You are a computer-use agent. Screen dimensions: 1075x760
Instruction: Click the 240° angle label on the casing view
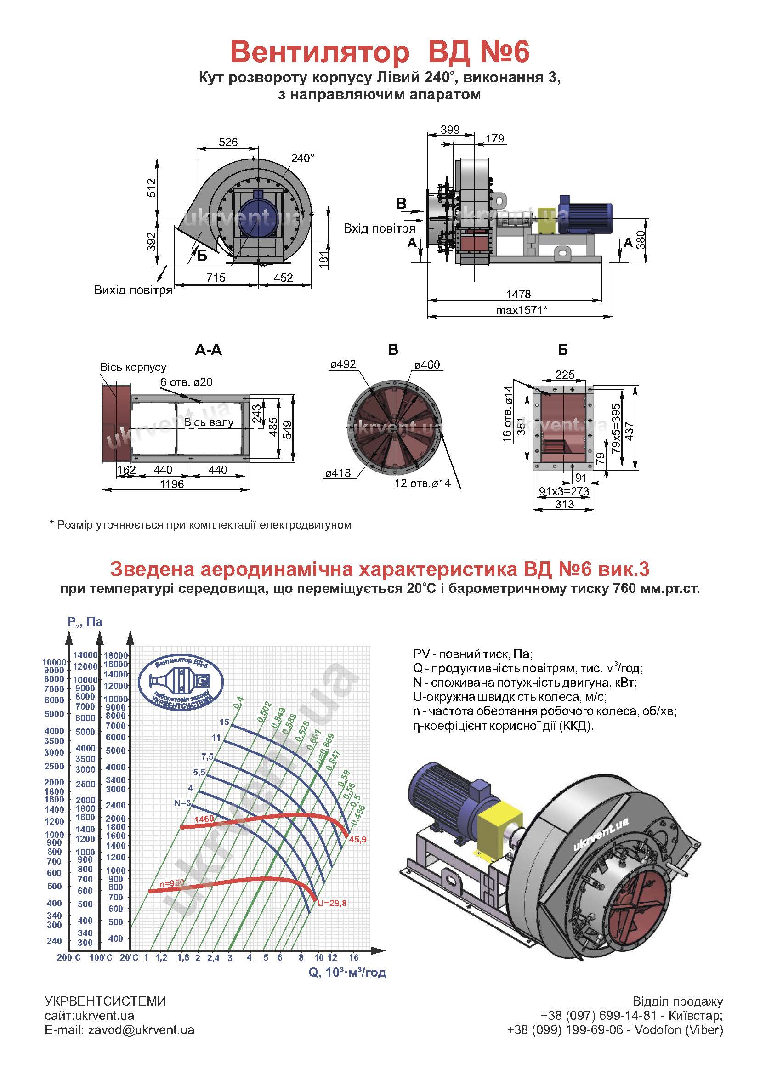(x=302, y=158)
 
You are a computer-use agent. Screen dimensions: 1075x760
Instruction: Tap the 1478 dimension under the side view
(x=518, y=294)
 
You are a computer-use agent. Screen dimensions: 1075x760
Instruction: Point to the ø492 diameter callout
(x=343, y=364)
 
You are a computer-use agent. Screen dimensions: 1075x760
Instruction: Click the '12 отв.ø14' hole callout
(x=422, y=483)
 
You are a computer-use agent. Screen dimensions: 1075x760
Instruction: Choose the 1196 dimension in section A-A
(x=172, y=483)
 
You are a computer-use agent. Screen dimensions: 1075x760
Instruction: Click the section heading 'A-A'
(x=208, y=350)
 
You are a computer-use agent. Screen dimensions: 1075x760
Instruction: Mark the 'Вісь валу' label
(x=208, y=422)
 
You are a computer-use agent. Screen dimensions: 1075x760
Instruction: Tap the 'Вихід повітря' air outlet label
(x=133, y=290)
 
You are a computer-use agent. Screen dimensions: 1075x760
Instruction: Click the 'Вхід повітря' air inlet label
(x=379, y=228)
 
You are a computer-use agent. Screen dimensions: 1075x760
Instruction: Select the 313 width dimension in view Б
(x=564, y=504)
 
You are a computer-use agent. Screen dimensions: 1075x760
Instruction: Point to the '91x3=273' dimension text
(x=564, y=491)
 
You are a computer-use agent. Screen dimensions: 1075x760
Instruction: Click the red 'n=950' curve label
(x=172, y=883)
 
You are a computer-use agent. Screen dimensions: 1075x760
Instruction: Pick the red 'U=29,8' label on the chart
(x=332, y=903)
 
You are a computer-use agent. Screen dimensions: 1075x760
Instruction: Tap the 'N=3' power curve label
(x=182, y=803)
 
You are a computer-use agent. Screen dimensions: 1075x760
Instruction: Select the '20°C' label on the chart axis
(x=129, y=957)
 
